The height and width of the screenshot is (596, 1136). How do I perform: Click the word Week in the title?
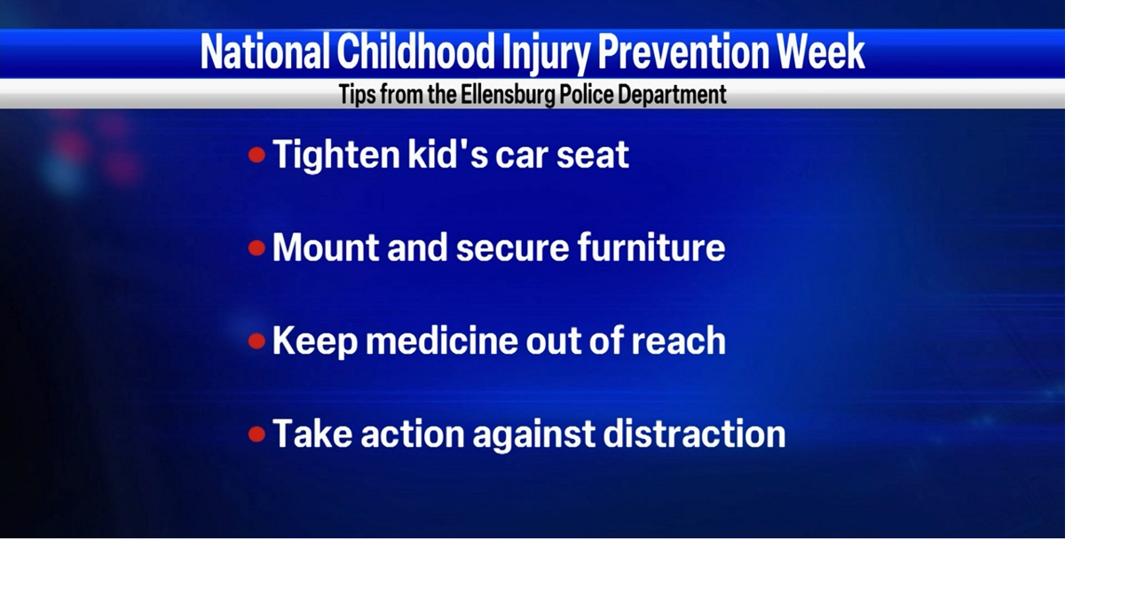(x=821, y=52)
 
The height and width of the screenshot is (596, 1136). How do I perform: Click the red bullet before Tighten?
(x=257, y=155)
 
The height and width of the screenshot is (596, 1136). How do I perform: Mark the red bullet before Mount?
(x=257, y=248)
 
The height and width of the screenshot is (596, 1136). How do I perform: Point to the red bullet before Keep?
(x=257, y=341)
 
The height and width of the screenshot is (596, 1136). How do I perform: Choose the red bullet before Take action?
(x=257, y=435)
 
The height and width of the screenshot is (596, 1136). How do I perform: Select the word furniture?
(x=651, y=247)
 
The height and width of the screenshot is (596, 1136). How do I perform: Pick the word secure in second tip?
(x=512, y=248)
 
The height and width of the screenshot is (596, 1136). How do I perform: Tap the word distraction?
(x=694, y=434)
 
